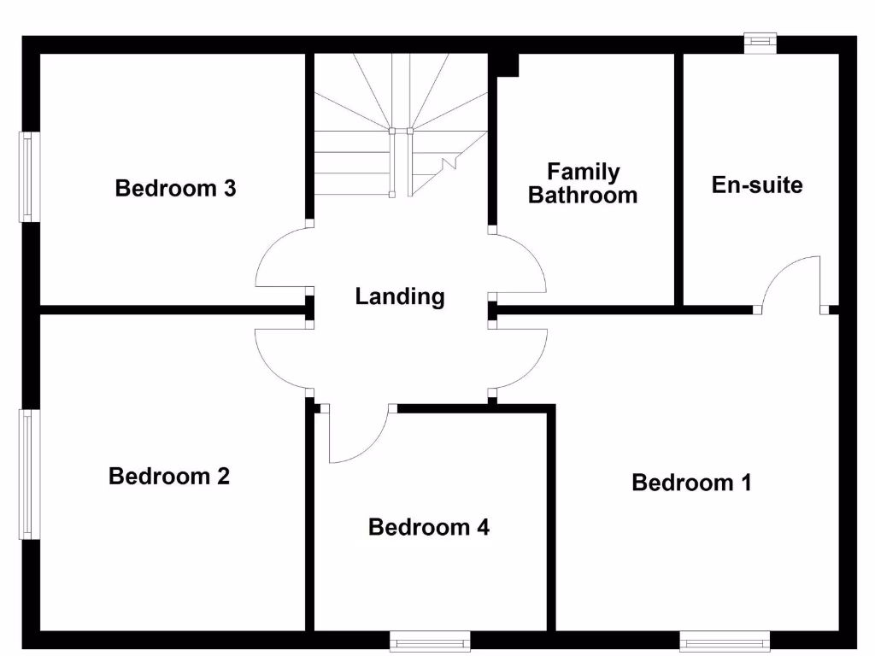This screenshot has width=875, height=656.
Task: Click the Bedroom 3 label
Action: [175, 188]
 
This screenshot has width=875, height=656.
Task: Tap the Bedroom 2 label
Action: [169, 476]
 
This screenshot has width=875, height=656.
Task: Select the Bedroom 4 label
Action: [428, 527]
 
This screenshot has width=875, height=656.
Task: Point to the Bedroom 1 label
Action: [691, 483]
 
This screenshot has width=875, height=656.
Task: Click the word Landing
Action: [400, 296]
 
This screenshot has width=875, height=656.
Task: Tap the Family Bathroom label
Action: [583, 184]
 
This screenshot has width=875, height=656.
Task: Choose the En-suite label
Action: [757, 184]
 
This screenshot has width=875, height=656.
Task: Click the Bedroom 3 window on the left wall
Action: [30, 177]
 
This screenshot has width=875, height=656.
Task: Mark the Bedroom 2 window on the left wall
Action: [30, 474]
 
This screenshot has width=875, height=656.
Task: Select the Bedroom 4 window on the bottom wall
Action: [430, 640]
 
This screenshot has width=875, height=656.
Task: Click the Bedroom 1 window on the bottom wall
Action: [725, 640]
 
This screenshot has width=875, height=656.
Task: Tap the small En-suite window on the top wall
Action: [759, 42]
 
